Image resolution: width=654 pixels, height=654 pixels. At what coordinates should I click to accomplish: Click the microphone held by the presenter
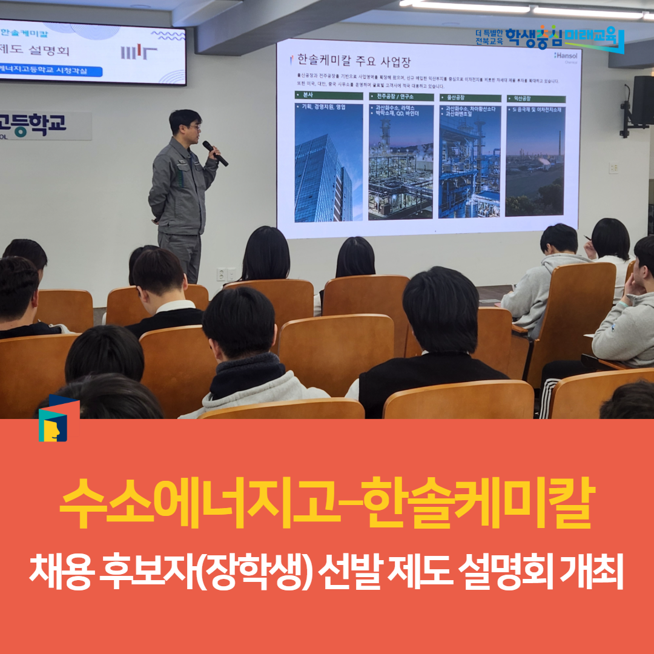[215, 153]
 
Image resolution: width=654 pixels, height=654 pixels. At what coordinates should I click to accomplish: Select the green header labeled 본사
[328, 96]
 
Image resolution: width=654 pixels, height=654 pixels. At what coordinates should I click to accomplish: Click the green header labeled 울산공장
[470, 97]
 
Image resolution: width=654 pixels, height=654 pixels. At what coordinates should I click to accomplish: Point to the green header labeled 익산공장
[535, 98]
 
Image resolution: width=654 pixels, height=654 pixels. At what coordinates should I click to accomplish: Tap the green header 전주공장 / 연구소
[400, 97]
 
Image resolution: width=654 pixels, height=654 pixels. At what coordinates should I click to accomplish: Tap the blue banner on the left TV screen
[51, 70]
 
